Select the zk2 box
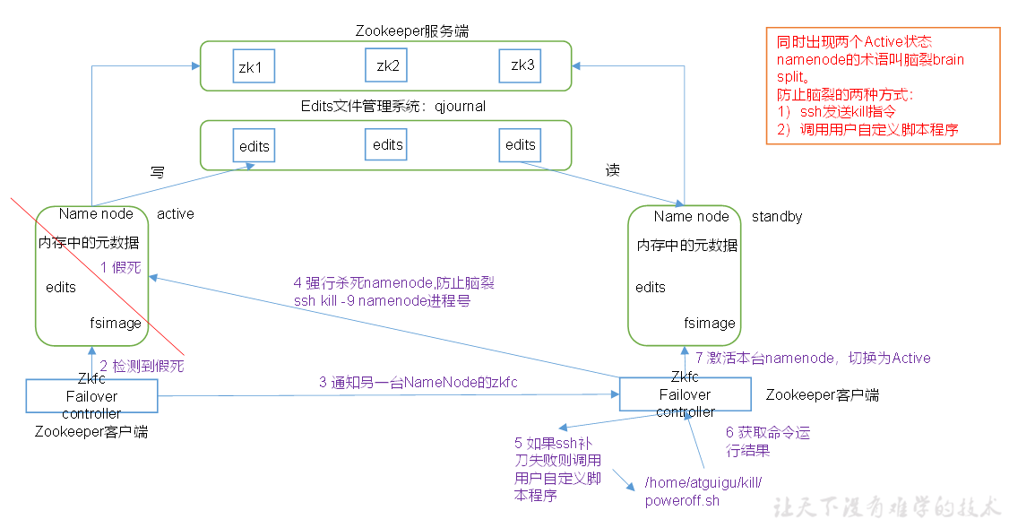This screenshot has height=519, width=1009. pyautogui.click(x=387, y=65)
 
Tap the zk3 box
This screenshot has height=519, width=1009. pyautogui.click(x=522, y=65)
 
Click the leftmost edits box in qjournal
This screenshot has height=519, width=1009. pyautogui.click(x=254, y=146)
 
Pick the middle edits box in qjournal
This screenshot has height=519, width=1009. pyautogui.click(x=387, y=144)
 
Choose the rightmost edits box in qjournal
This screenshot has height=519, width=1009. pyautogui.click(x=521, y=144)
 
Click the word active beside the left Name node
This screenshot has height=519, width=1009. pyautogui.click(x=176, y=214)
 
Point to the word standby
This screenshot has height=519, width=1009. pyautogui.click(x=777, y=217)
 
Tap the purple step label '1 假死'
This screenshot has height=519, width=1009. pyautogui.click(x=120, y=267)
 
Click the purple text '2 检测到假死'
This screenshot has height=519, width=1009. pyautogui.click(x=142, y=366)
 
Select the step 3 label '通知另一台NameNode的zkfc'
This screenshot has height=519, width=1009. pyautogui.click(x=418, y=383)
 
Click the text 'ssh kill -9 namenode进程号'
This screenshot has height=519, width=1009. pyautogui.click(x=382, y=301)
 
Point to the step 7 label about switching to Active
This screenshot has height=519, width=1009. pyautogui.click(x=813, y=358)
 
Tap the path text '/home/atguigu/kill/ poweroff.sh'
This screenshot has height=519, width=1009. pyautogui.click(x=703, y=491)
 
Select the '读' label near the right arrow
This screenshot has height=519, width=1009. pyautogui.click(x=613, y=170)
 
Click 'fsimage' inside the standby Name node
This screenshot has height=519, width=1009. pyautogui.click(x=710, y=323)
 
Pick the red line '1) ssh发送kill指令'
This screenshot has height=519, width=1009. pyautogui.click(x=842, y=112)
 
